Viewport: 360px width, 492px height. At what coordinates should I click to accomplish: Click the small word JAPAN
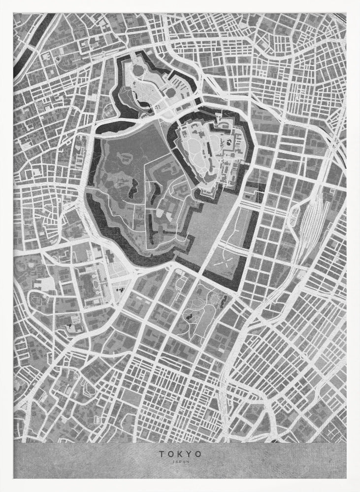tap(180, 461)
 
